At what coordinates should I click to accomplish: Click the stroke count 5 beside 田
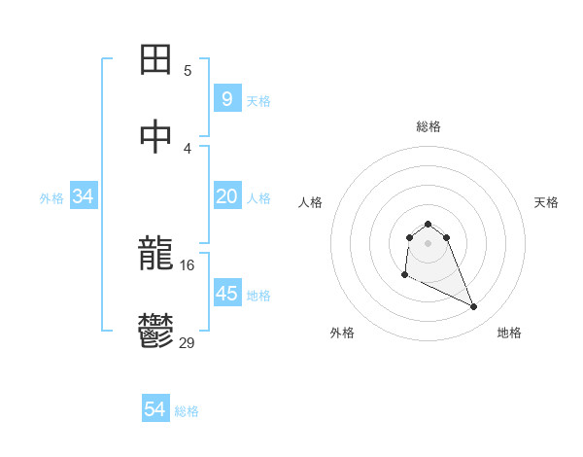click(x=188, y=70)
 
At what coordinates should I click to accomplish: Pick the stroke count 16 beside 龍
click(x=188, y=264)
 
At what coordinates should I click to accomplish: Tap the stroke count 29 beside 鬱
click(x=188, y=341)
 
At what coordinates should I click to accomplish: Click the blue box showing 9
click(x=226, y=98)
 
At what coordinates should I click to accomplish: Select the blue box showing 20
click(x=226, y=196)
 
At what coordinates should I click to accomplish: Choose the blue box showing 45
click(x=226, y=294)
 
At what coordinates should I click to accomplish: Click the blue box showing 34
click(x=84, y=196)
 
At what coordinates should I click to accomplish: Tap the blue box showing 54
click(x=155, y=410)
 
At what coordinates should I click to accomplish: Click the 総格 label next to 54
click(x=187, y=411)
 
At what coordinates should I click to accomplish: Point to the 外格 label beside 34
click(x=51, y=197)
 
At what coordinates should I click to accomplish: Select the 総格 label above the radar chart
click(x=429, y=126)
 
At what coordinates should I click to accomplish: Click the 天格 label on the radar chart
click(x=546, y=202)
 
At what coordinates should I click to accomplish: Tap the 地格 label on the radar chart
click(x=509, y=333)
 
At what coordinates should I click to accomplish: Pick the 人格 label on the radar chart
click(x=310, y=202)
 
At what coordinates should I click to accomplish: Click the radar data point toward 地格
click(x=474, y=307)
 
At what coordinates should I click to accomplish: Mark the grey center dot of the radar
click(x=429, y=243)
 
